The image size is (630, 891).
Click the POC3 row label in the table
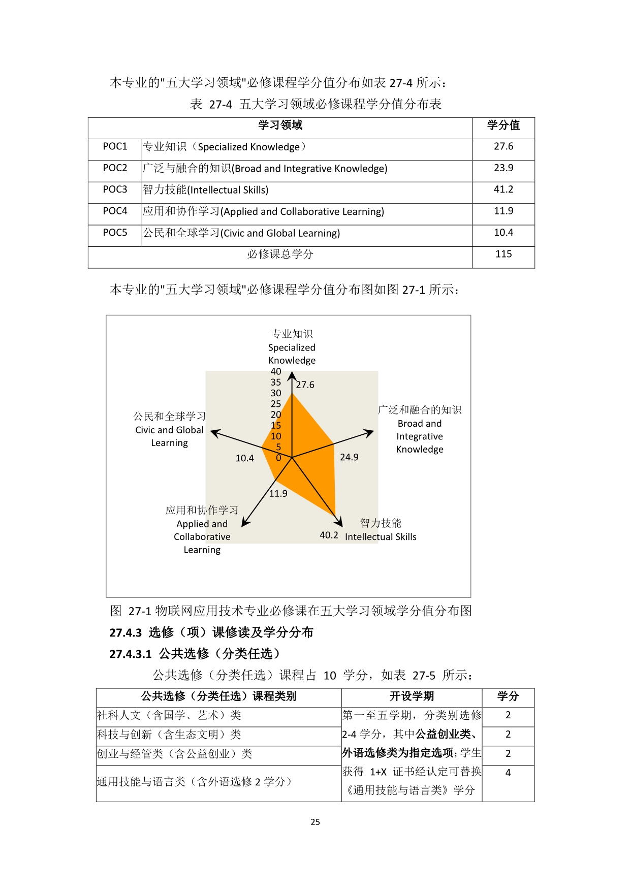[115, 189]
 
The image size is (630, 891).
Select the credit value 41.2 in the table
[503, 189]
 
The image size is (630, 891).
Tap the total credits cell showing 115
[503, 254]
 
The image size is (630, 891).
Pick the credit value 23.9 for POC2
[503, 168]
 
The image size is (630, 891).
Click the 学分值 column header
[503, 125]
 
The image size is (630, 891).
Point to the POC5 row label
[115, 233]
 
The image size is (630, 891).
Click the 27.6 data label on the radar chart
[305, 385]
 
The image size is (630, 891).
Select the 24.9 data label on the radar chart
[349, 457]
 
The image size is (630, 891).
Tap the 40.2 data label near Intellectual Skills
[329, 535]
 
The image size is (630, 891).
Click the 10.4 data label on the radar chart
[244, 458]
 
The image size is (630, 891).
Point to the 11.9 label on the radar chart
[278, 494]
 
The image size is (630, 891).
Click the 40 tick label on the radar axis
[276, 372]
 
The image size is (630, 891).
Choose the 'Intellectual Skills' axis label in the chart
[381, 537]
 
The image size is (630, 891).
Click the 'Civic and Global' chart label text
[169, 430]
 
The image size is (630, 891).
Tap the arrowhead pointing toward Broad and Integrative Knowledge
[369, 433]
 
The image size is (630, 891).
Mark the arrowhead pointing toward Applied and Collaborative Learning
[245, 523]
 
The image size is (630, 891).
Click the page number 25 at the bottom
[315, 822]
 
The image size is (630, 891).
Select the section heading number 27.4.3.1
[131, 654]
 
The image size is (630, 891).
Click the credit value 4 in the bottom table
[508, 773]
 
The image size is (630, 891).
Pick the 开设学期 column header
[412, 696]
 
